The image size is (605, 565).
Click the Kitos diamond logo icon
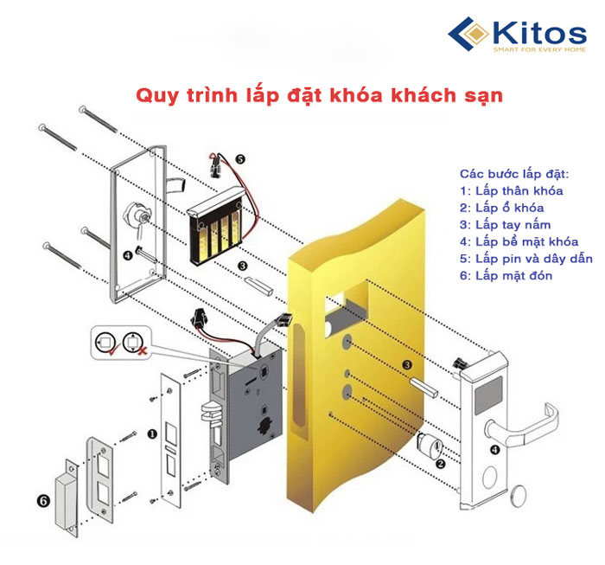pos(471,35)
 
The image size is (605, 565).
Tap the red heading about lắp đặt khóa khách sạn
pos(319,94)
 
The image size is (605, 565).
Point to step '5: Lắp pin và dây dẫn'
pos(525,259)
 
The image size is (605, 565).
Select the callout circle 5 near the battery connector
pos(239,159)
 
